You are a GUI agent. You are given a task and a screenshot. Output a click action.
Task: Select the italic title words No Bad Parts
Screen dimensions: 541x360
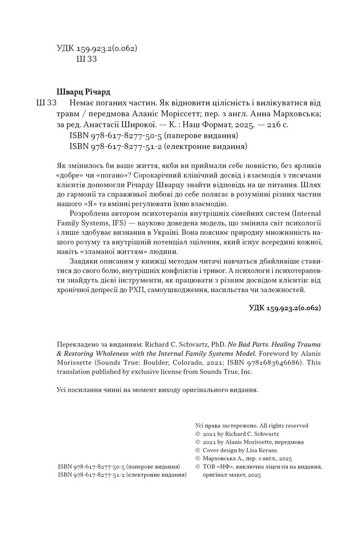tap(242, 342)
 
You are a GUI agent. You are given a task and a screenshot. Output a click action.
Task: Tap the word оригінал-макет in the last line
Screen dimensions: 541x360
tap(218, 475)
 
